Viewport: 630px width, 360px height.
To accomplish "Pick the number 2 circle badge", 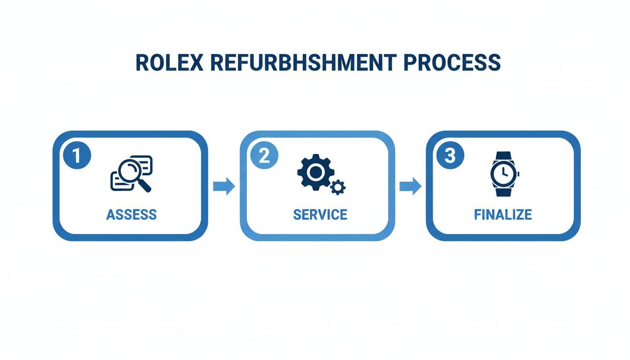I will (x=264, y=156).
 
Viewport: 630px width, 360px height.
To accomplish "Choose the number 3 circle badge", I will (x=450, y=156).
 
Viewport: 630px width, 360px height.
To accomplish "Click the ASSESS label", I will (x=131, y=215).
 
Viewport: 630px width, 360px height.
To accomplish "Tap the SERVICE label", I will (x=320, y=215).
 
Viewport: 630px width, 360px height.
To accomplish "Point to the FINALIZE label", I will (x=503, y=215).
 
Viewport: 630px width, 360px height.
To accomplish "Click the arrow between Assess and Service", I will (x=224, y=187).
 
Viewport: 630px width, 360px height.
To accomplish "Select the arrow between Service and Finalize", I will (x=410, y=187).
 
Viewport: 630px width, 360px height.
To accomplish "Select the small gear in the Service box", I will (x=337, y=187).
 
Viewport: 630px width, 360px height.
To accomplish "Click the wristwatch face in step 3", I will (x=503, y=173).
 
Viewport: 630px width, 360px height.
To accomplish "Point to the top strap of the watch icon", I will (x=503, y=156).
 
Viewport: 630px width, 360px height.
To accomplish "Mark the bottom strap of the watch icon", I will (x=503, y=191).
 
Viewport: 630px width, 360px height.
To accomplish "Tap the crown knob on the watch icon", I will (x=518, y=173).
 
